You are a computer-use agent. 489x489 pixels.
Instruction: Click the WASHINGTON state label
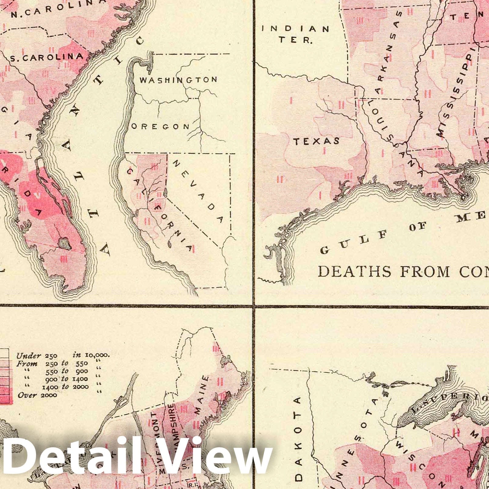178,80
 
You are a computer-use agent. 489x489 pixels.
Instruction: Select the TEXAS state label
317,141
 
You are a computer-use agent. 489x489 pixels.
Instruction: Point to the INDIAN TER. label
296,34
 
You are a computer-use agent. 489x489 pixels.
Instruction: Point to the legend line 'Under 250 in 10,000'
63,355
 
